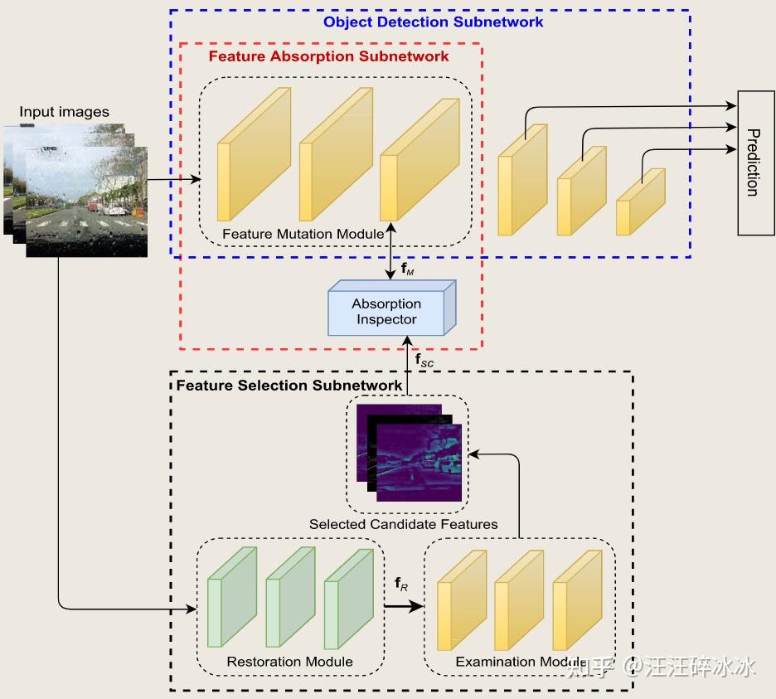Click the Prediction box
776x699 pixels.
tap(756, 163)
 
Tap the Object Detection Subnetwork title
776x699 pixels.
tap(433, 22)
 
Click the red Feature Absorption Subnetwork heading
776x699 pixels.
tap(328, 56)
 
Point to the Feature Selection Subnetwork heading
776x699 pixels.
tap(289, 386)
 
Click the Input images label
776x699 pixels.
tap(65, 112)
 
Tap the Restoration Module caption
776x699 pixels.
tap(289, 662)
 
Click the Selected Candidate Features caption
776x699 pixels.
tap(403, 524)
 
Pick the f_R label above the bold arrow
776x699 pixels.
tap(401, 587)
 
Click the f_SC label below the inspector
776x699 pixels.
tap(424, 361)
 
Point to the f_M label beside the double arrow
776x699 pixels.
tap(407, 269)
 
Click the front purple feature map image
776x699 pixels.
tap(419, 463)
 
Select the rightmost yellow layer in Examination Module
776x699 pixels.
tap(575, 601)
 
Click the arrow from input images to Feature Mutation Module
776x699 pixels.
tap(174, 179)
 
